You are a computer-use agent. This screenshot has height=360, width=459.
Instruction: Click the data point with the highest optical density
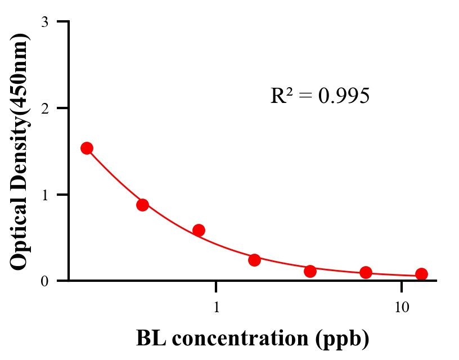tap(87, 148)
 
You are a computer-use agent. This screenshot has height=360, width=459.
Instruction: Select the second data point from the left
tap(142, 205)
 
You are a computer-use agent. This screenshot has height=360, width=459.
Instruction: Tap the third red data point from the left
tap(199, 230)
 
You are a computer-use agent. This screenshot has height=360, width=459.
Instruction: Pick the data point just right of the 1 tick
tap(254, 260)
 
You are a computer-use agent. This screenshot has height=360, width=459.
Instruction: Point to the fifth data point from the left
tap(310, 271)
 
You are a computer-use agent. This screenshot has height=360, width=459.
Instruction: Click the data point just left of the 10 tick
tap(366, 273)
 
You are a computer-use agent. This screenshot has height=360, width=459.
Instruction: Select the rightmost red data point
tap(421, 274)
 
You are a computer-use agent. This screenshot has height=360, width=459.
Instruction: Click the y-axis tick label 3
tap(44, 22)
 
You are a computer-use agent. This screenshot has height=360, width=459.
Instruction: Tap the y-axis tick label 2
tap(44, 108)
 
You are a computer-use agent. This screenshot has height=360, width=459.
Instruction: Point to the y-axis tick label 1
tap(44, 195)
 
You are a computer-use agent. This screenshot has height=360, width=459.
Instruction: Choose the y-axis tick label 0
tap(44, 281)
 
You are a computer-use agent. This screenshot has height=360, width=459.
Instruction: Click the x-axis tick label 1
tap(217, 308)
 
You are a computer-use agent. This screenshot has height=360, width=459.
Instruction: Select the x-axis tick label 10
tap(401, 308)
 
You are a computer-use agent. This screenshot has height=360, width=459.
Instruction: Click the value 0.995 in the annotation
tap(344, 96)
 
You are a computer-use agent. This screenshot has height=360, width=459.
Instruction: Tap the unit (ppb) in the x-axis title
tap(342, 339)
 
